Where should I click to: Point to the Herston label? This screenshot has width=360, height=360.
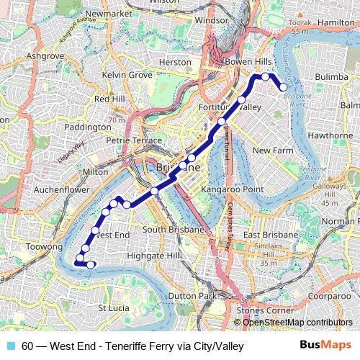coord(175,63)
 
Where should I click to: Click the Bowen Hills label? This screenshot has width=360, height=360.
coord(246,63)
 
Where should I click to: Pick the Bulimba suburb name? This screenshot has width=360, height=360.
coord(333,73)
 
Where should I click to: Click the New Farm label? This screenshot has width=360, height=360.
coord(270,150)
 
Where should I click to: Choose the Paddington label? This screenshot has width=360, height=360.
coord(88,127)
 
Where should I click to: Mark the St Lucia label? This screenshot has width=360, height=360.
coord(112,308)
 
